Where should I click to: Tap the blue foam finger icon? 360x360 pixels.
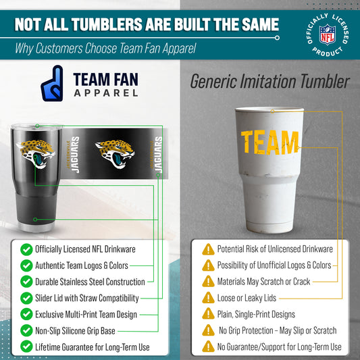[52, 83]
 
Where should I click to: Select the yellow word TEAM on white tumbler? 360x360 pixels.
[270, 143]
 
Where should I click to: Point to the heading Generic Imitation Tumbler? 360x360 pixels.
[269, 82]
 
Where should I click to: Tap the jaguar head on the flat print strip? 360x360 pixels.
[115, 153]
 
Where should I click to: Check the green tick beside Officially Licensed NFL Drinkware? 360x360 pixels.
[26, 249]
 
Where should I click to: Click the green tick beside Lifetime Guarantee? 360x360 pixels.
[26, 346]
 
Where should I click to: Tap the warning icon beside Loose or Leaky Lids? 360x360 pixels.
[208, 298]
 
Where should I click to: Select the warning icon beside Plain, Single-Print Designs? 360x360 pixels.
[208, 314]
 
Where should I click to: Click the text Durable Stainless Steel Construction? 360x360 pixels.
[90, 282]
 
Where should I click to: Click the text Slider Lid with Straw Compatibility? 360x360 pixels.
[87, 298]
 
